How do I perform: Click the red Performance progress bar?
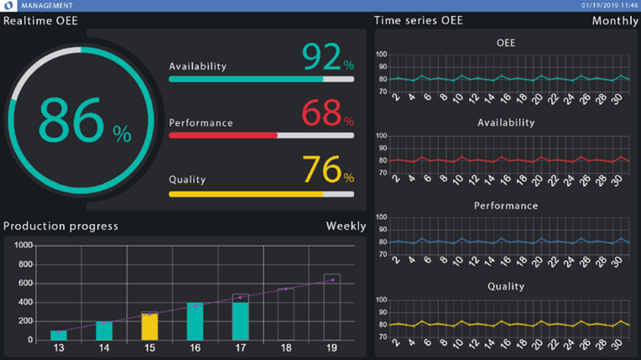223,135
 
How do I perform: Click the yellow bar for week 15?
149,326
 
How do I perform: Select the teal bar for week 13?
59,335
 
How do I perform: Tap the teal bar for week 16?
195,321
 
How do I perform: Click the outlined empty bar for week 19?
331,307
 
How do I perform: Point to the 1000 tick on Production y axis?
23,246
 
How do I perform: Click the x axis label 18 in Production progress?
286,348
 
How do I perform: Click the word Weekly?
346,227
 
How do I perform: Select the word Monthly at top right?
615,21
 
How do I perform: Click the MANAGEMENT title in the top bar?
47,5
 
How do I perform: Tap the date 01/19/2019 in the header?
601,5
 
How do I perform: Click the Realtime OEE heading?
40,21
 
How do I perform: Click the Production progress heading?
60,227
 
